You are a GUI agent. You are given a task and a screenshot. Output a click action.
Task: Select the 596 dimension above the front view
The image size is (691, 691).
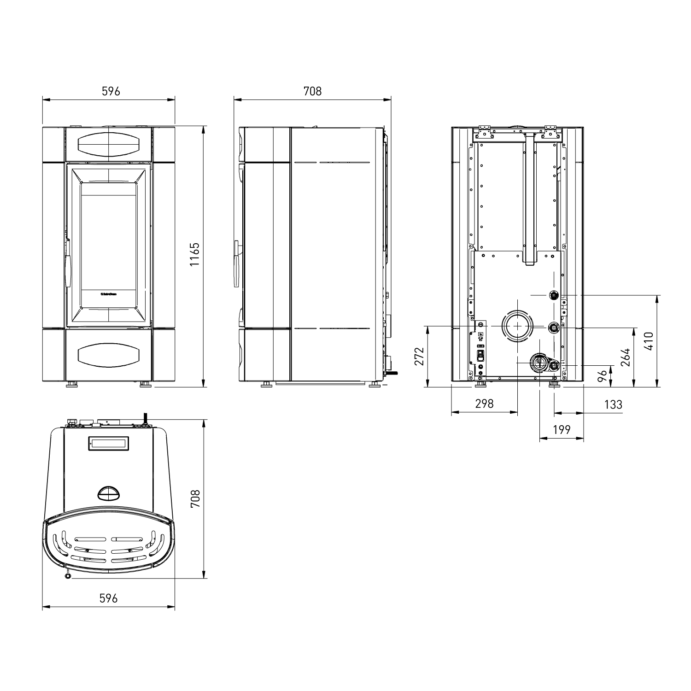(x=111, y=91)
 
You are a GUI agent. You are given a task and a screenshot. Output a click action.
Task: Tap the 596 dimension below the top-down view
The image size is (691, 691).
(x=109, y=598)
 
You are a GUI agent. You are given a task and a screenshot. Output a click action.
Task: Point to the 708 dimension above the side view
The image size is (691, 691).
(x=312, y=91)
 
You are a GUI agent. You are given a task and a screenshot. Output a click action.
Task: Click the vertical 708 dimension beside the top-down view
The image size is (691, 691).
(x=195, y=499)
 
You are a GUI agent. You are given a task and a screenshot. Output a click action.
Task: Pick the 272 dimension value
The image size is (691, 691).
(x=419, y=356)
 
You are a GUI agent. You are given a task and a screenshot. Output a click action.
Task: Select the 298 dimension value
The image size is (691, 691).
(x=484, y=404)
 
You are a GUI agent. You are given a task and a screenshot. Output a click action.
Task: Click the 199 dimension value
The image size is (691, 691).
(x=561, y=430)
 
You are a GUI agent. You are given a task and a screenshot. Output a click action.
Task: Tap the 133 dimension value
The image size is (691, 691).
(x=613, y=404)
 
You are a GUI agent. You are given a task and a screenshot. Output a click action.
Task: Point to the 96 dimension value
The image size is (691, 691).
(x=602, y=376)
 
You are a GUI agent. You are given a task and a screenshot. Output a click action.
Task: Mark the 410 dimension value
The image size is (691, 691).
(x=649, y=341)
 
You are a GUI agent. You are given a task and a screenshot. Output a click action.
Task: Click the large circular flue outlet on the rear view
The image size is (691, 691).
(x=518, y=326)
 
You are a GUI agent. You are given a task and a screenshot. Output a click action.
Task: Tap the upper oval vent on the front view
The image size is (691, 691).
(x=109, y=144)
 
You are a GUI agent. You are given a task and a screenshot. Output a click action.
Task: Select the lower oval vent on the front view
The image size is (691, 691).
(x=109, y=356)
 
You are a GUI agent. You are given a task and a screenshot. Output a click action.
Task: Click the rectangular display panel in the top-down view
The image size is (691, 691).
(x=109, y=444)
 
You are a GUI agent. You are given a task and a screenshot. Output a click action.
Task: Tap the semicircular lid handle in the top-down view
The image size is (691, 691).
(x=109, y=493)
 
